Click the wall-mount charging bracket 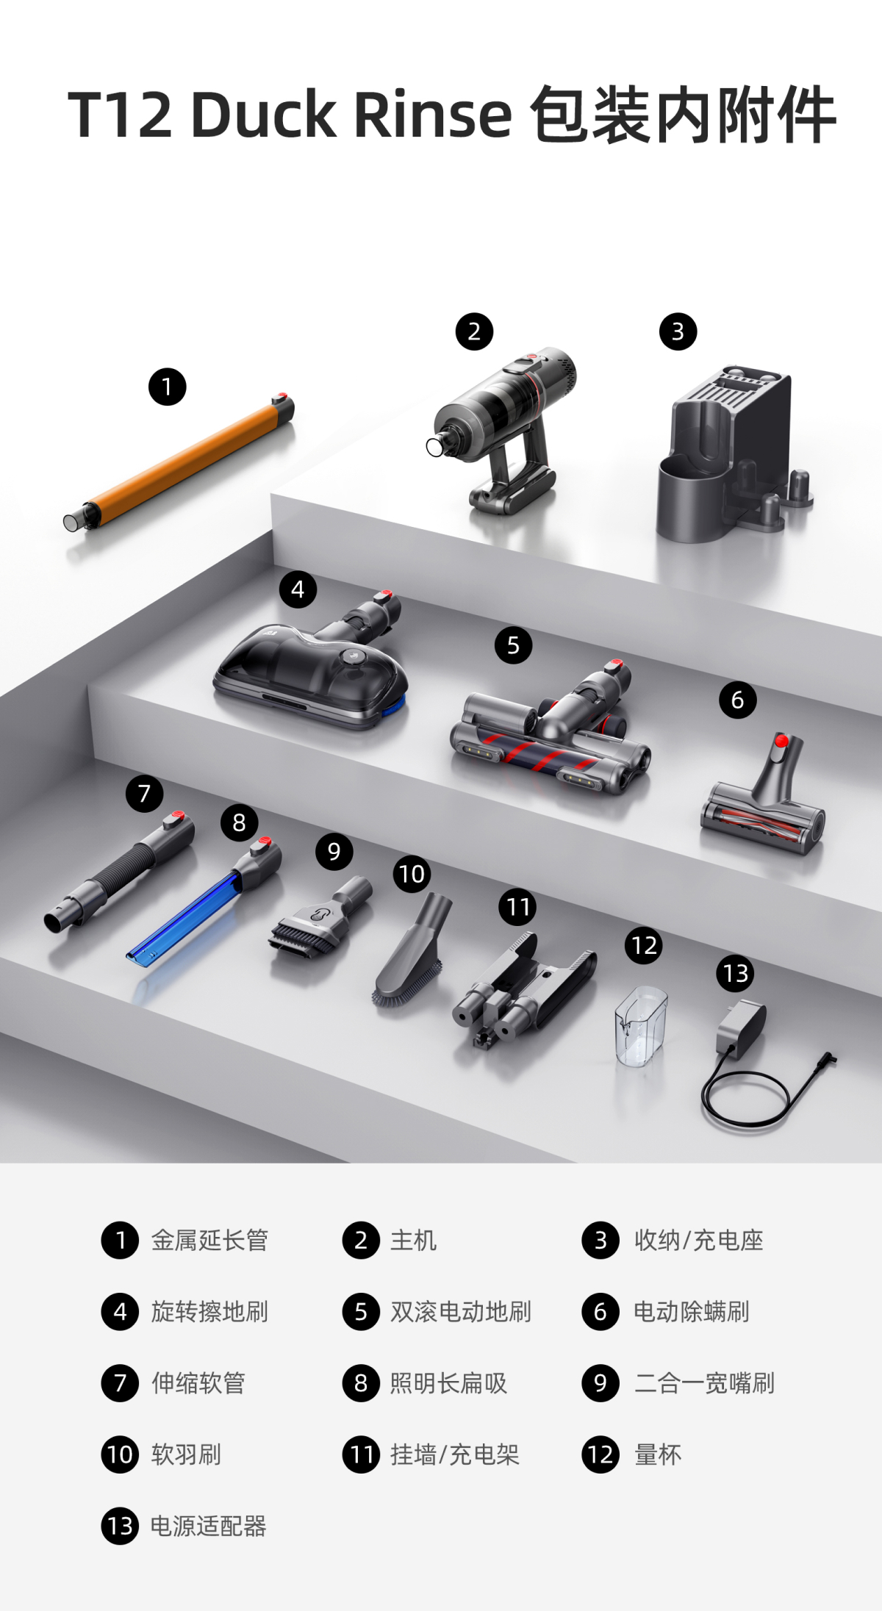[x=523, y=989]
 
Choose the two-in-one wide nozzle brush [x=320, y=919]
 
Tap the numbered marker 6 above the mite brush [x=737, y=700]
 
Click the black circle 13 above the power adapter [x=735, y=973]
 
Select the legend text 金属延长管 [x=209, y=1240]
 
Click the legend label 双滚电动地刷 [x=461, y=1311]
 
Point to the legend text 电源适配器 [x=208, y=1526]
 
